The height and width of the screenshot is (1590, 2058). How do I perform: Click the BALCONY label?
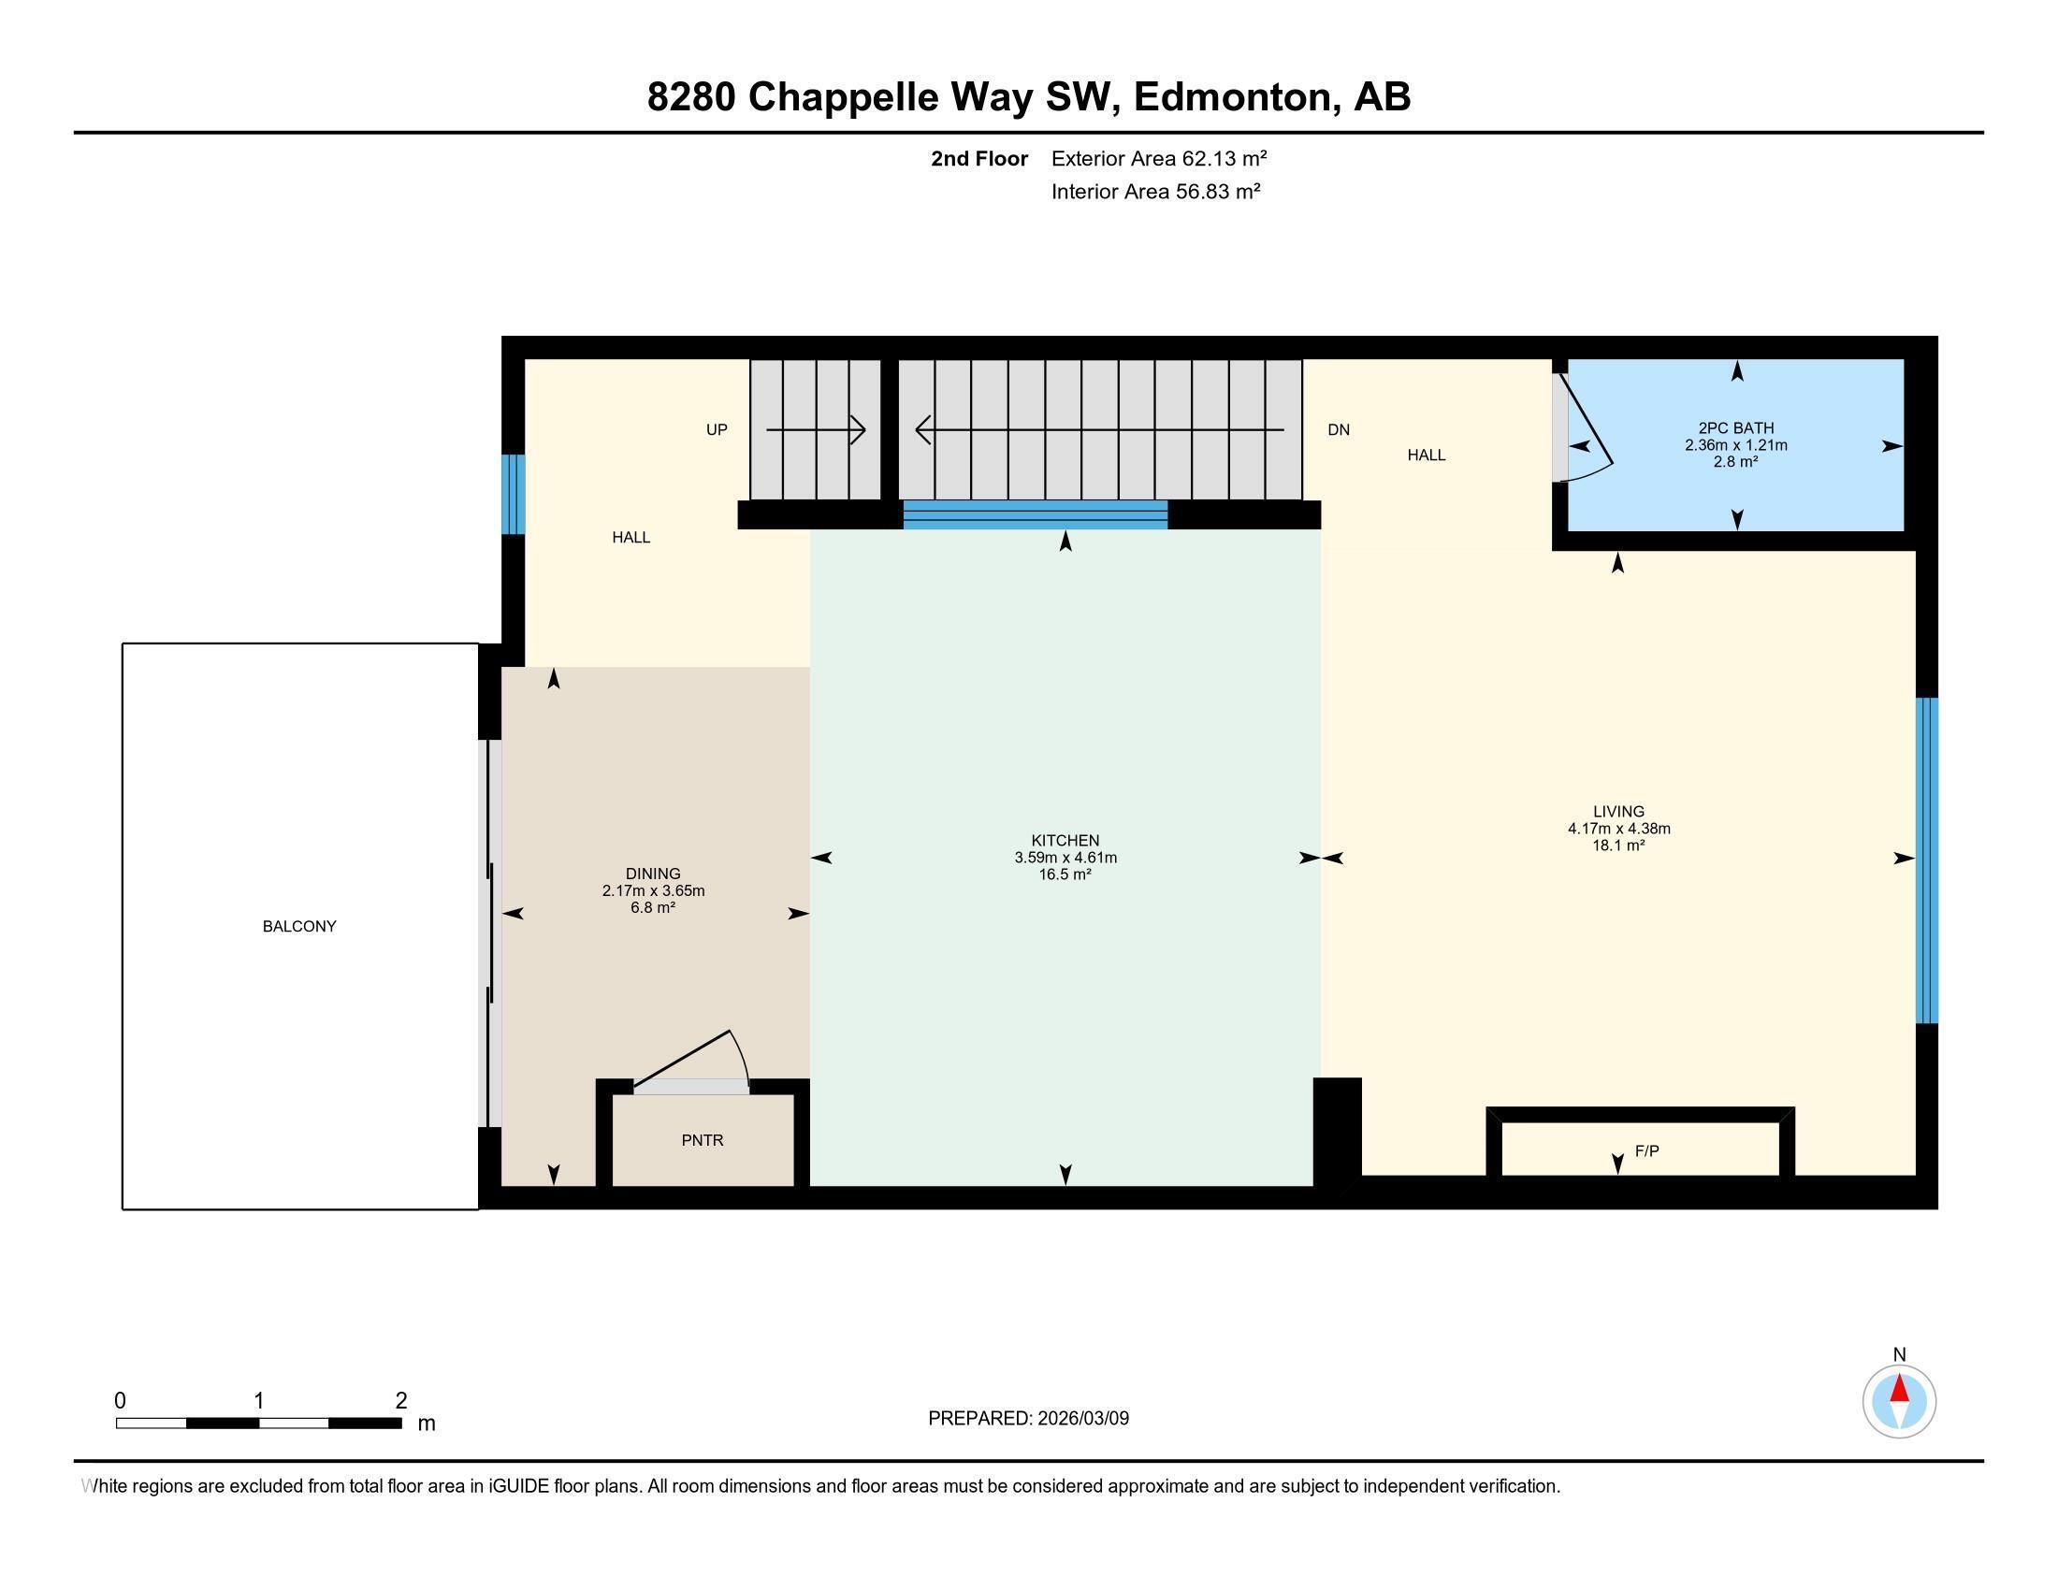tap(298, 926)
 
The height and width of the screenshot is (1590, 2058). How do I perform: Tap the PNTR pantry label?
tap(702, 1140)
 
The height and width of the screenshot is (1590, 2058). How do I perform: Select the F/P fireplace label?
tap(1646, 1150)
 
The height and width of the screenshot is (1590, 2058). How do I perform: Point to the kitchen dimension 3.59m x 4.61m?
tap(1065, 857)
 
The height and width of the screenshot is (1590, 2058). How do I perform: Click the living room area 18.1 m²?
tap(1619, 845)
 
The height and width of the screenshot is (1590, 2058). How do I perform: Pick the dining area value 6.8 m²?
tap(653, 907)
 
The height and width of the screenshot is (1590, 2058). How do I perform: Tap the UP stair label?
tap(717, 429)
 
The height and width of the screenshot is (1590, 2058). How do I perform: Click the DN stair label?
tap(1338, 429)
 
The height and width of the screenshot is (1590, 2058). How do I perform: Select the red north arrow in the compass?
tap(1900, 1388)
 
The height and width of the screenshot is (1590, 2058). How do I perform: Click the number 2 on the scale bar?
tap(401, 1400)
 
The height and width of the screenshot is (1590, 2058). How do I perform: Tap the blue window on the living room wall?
tap(1927, 860)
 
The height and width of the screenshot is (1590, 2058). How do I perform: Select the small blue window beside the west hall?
tap(513, 494)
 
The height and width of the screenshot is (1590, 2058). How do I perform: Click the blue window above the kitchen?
tap(1036, 514)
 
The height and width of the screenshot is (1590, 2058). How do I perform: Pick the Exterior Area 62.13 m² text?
tap(1159, 158)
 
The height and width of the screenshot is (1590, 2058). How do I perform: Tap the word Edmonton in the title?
tap(1236, 97)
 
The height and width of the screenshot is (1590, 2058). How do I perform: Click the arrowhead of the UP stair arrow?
tap(858, 430)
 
